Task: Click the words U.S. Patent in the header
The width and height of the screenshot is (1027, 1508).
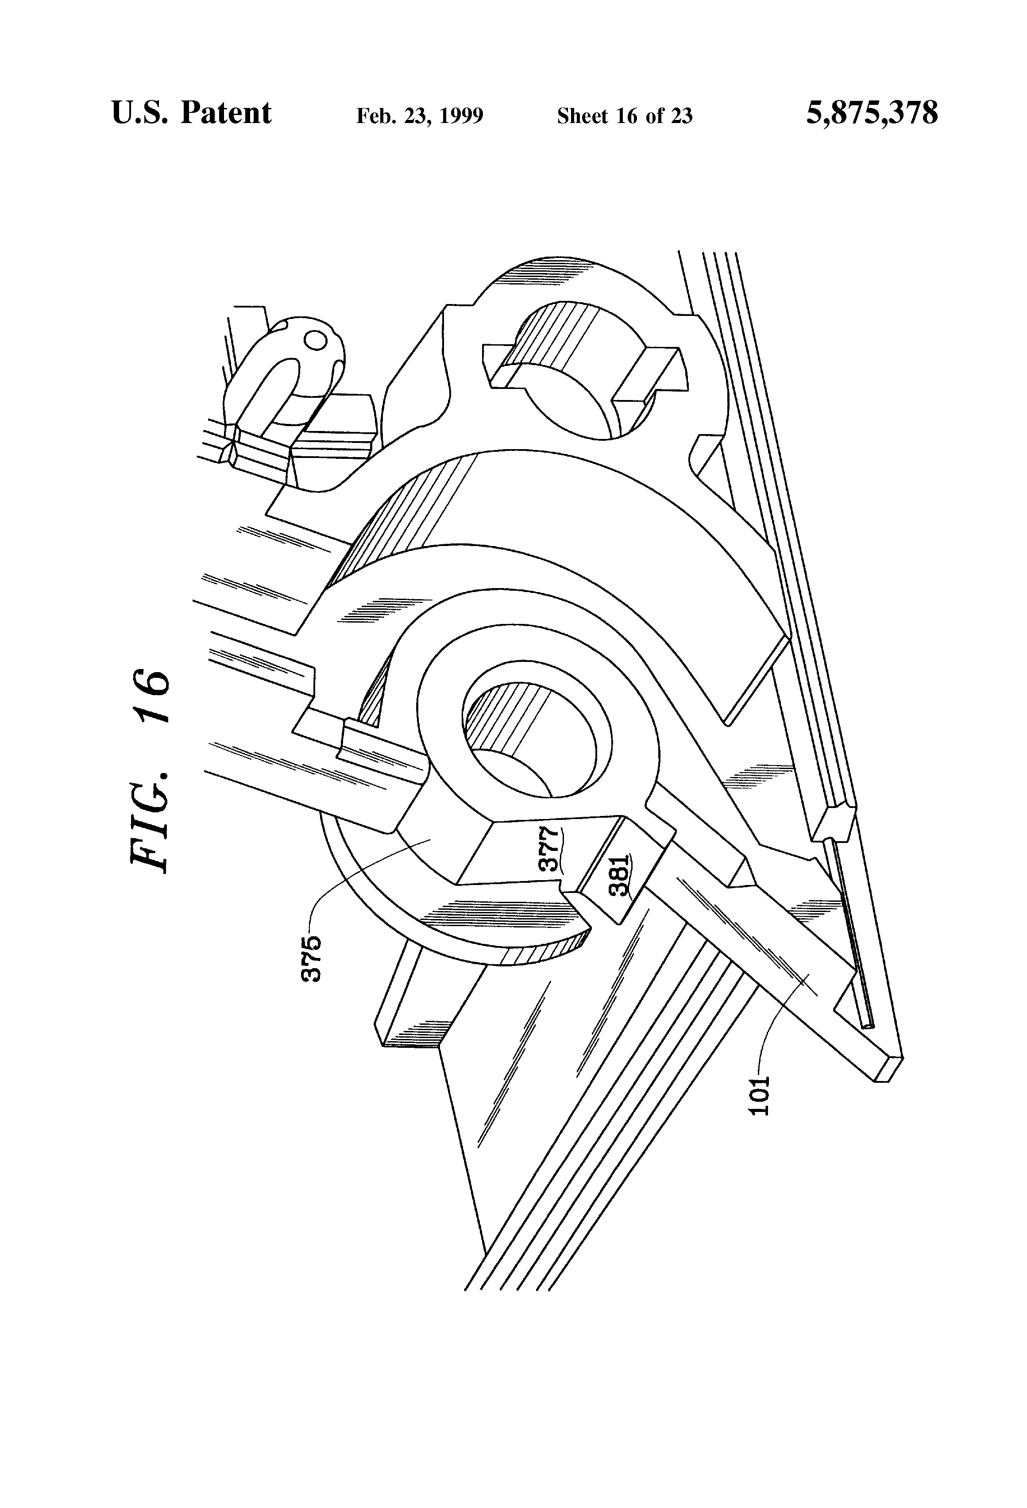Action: tap(192, 113)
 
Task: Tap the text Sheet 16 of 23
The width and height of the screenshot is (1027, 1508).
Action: tap(625, 116)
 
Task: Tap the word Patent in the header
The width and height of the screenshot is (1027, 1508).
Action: tap(226, 113)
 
